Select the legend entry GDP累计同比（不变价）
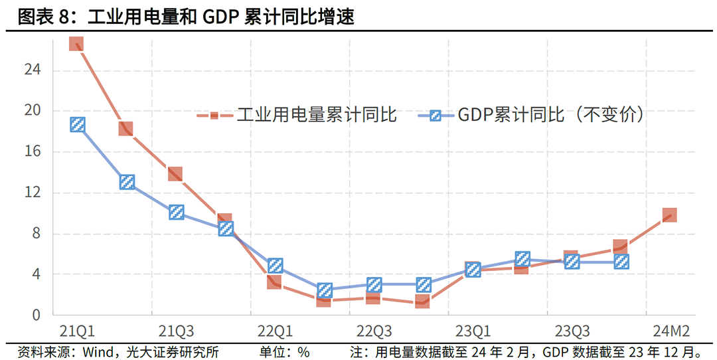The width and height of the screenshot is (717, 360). (x=531, y=116)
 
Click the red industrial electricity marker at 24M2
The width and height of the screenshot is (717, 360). (x=670, y=215)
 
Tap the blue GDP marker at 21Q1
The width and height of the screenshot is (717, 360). (x=78, y=124)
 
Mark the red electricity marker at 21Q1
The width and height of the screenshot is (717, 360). (x=76, y=44)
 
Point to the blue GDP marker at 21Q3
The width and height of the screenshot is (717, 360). (x=177, y=213)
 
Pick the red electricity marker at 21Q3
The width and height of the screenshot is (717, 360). (x=175, y=174)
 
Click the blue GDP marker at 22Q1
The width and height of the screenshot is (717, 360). (x=276, y=266)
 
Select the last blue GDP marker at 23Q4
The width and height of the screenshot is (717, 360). (x=621, y=262)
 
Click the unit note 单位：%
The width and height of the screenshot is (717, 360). (x=284, y=351)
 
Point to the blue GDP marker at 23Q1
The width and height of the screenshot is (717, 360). (x=473, y=269)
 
